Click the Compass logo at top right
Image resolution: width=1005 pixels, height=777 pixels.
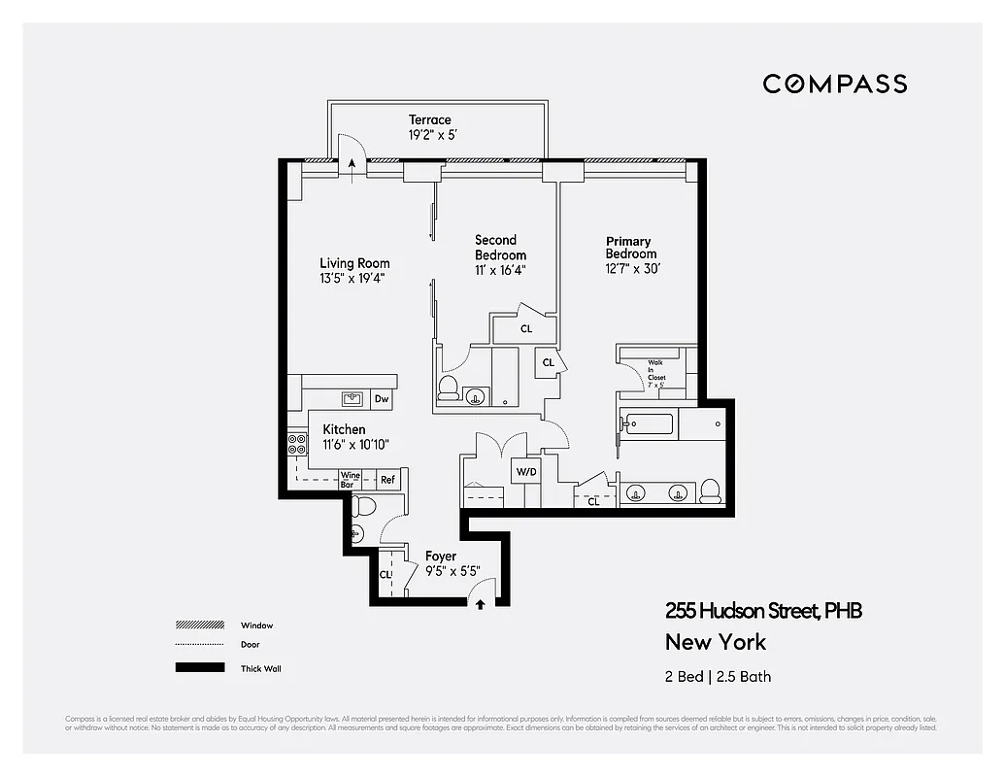click(x=834, y=84)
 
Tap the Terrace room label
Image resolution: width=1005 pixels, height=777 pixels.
click(x=429, y=119)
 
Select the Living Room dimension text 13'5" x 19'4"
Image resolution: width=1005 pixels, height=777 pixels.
click(x=354, y=278)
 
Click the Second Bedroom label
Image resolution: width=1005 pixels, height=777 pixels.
click(x=496, y=247)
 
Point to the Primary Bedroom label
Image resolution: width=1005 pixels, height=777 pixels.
click(x=629, y=248)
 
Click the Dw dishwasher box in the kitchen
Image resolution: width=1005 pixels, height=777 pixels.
click(x=382, y=399)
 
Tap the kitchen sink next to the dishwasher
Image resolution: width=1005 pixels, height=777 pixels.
click(x=352, y=398)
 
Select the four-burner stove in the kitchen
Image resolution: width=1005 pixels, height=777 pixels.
click(x=297, y=445)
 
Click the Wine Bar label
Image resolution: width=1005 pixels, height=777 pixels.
click(x=350, y=479)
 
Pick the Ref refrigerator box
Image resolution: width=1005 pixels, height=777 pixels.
click(x=387, y=479)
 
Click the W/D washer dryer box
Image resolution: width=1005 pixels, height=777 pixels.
click(x=525, y=472)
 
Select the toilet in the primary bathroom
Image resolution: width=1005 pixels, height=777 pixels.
click(x=710, y=490)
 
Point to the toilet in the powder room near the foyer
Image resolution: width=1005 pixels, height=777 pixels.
click(x=362, y=505)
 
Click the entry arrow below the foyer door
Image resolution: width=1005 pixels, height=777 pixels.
click(x=480, y=604)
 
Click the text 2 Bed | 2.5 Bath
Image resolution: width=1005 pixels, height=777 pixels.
click(x=719, y=676)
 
